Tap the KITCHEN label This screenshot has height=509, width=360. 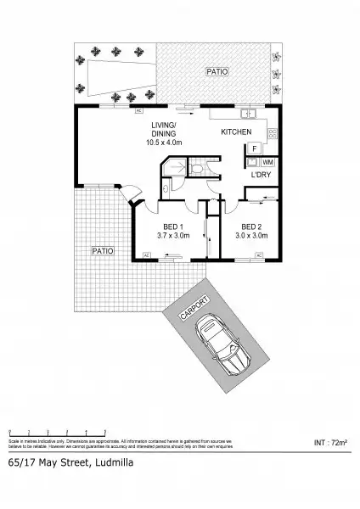236,133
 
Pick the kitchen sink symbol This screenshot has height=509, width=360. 246,114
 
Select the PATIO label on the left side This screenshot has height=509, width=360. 104,250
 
